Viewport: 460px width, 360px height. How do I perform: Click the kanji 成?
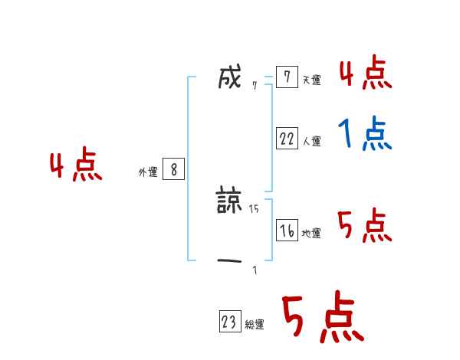point(230,77)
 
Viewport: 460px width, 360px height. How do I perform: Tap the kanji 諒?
point(230,202)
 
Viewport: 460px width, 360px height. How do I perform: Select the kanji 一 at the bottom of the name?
point(230,262)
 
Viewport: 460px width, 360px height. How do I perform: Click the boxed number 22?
point(287,139)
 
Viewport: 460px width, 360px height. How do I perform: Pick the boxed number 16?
point(287,231)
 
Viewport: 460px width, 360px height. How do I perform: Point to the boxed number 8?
point(174,170)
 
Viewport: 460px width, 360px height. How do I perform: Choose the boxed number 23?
point(229,322)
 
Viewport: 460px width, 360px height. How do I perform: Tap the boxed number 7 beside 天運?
point(287,77)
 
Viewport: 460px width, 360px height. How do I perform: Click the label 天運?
point(311,80)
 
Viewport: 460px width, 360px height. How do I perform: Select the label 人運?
point(311,141)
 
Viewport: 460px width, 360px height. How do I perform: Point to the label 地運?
point(311,233)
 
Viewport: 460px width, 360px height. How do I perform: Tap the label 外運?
point(147,172)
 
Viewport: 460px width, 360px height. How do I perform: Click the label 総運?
point(254,325)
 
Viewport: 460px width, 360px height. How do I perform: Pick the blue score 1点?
point(365,135)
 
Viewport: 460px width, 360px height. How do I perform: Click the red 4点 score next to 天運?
point(365,73)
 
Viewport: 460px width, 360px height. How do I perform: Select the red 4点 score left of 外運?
point(76,166)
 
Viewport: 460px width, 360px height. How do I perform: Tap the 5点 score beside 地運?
point(365,225)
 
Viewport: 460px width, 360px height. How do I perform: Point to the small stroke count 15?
point(254,208)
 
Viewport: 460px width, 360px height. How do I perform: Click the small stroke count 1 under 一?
point(255,270)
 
